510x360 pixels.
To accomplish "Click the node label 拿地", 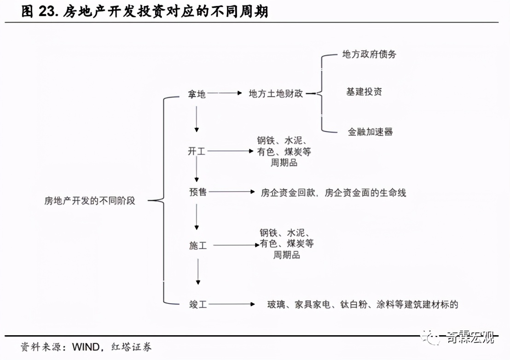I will point(197,94).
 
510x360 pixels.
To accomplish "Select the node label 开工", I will point(197,151).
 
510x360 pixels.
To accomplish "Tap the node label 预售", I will point(197,192).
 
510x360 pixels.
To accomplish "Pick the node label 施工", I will point(198,246).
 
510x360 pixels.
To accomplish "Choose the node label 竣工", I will point(198,304).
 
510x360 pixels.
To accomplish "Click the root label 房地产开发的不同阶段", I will point(90,201).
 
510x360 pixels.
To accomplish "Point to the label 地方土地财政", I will point(276,93).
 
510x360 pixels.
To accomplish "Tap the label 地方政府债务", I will point(369,54).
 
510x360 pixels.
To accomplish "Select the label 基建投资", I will point(364,92).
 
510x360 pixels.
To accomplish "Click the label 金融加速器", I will point(370,132).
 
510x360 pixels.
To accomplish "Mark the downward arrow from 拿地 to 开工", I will point(197,119).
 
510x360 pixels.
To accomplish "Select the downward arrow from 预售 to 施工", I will point(197,217).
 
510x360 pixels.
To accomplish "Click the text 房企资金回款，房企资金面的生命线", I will point(333,192).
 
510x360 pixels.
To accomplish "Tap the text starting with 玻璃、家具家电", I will point(363,304).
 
